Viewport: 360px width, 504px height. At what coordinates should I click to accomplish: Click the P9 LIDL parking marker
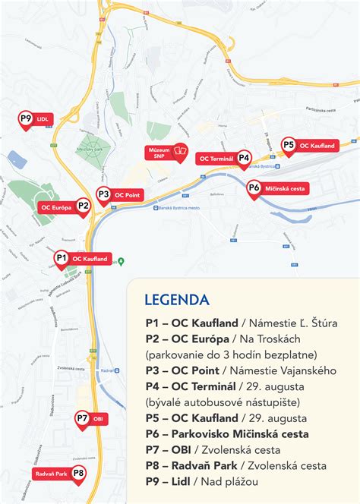pos(26,119)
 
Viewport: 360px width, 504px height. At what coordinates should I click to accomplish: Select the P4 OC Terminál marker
pos(244,158)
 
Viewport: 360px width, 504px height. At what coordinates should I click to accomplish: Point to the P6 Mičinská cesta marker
pos(254,187)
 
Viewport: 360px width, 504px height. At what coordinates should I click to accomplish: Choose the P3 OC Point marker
pos(103,195)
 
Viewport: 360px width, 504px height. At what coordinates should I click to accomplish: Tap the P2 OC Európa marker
pos(84,206)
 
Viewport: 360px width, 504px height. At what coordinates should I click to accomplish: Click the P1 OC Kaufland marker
pos(62,259)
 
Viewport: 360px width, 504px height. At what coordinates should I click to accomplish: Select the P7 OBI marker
pos(82,418)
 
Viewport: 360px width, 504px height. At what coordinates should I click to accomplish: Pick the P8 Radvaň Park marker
pos(78,474)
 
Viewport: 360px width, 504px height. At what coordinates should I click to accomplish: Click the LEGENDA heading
pos(182,298)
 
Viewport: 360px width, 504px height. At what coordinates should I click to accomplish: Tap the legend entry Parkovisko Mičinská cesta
pos(238,433)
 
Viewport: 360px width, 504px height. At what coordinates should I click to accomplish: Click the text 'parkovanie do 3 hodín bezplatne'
pos(231,354)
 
